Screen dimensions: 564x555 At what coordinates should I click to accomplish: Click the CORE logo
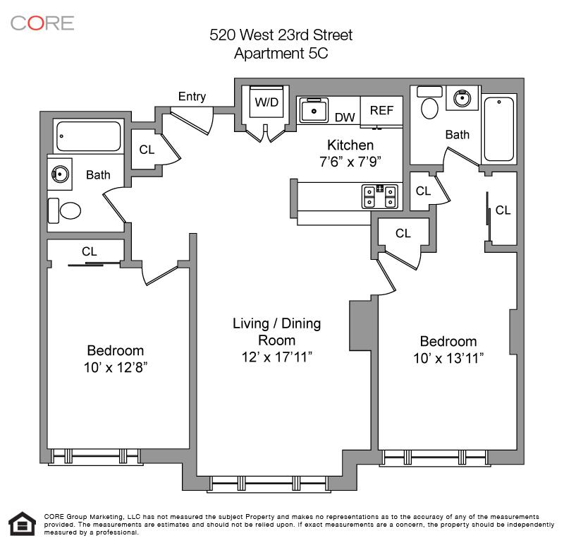[42, 23]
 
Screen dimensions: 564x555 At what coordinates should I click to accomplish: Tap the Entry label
[192, 97]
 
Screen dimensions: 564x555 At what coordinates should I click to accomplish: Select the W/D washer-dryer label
[266, 102]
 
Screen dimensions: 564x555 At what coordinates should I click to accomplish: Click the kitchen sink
[314, 111]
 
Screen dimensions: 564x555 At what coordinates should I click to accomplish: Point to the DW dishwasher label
[345, 117]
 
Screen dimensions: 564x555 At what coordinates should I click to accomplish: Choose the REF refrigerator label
[381, 110]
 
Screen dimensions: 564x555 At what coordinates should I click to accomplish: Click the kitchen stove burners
[380, 196]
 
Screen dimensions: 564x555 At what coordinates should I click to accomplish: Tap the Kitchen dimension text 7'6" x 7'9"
[350, 162]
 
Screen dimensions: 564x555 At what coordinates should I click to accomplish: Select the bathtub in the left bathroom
[89, 136]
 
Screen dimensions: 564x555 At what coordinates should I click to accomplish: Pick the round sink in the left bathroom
[61, 174]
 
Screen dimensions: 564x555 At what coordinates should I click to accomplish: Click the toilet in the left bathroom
[64, 210]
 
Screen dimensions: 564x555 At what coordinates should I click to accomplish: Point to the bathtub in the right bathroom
[499, 129]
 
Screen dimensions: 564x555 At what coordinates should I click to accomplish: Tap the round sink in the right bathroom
[462, 98]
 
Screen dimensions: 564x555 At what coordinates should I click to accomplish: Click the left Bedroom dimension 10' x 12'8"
[116, 367]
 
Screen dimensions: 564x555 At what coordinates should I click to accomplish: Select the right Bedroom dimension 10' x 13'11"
[448, 359]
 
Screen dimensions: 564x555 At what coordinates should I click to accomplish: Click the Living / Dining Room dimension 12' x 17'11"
[276, 357]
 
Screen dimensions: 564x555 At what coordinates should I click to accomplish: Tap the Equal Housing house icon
[23, 524]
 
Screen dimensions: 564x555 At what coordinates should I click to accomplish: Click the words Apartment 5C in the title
[281, 53]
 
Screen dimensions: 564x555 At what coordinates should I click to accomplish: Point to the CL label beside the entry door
[147, 150]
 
